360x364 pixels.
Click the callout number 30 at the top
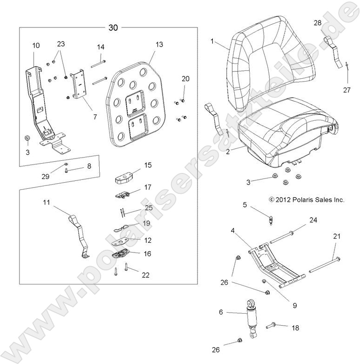point(113,28)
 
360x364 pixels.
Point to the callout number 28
point(317,23)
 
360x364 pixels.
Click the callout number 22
point(145,275)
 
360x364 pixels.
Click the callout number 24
point(312,220)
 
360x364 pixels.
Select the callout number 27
point(346,90)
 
